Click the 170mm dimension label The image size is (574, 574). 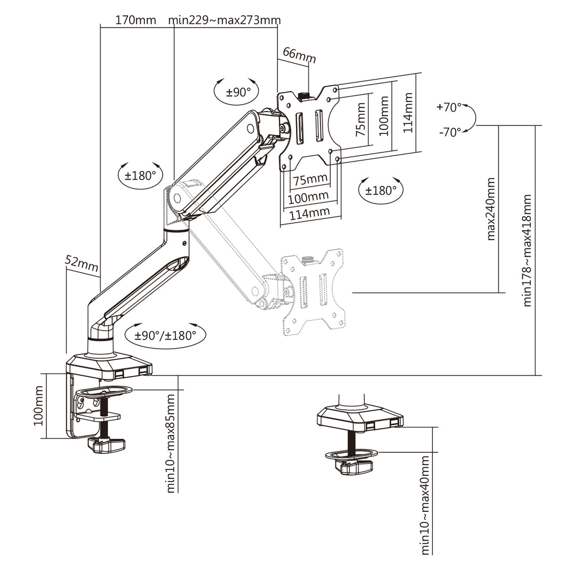coord(136,20)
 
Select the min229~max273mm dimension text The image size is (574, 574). coord(224,20)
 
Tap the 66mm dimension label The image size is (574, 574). coord(299,54)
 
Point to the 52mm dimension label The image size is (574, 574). coord(81,261)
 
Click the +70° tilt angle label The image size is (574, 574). coord(449,107)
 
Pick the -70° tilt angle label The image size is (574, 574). coord(450,132)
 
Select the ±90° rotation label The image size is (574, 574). coord(238,91)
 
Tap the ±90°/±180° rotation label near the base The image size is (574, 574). coord(165,335)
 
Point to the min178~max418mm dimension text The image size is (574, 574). coord(527,250)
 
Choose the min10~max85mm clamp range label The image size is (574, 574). coord(171,443)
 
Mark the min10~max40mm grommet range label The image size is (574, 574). coord(425,505)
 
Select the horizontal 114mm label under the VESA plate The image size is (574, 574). coord(309,212)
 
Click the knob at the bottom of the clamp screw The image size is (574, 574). coord(106,445)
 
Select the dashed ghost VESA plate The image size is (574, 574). coord(314,292)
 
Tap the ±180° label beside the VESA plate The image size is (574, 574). coord(381,190)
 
